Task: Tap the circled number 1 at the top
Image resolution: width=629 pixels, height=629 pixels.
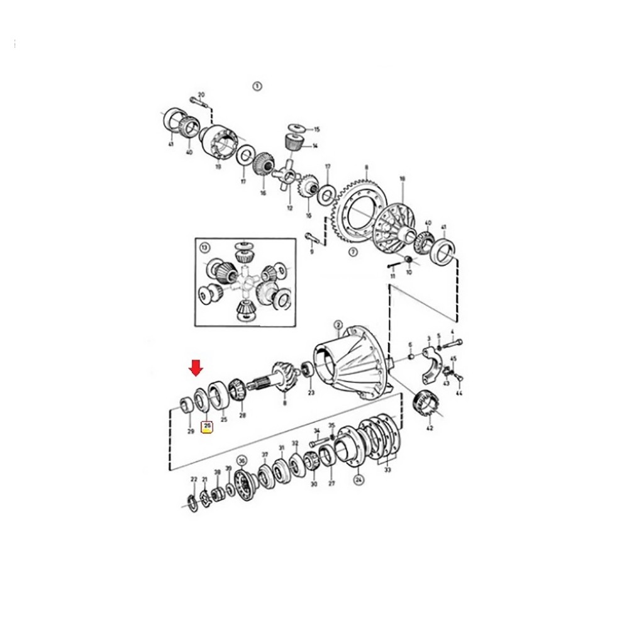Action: tap(256, 86)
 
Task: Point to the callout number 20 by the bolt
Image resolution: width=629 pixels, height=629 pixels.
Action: tap(201, 95)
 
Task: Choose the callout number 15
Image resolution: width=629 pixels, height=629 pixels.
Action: tap(316, 129)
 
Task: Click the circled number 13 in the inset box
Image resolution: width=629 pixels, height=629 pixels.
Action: tap(205, 248)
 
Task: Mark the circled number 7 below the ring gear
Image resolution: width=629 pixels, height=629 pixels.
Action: tap(353, 252)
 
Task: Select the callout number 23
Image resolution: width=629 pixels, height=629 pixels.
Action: tap(310, 393)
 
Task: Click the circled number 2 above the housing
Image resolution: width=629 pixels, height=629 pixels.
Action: tap(338, 325)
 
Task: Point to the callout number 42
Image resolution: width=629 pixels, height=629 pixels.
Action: tap(430, 428)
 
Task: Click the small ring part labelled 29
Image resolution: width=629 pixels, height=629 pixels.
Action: tap(186, 404)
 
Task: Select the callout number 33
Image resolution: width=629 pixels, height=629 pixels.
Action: tap(386, 469)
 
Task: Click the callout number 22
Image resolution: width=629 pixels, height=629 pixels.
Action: tap(194, 480)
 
